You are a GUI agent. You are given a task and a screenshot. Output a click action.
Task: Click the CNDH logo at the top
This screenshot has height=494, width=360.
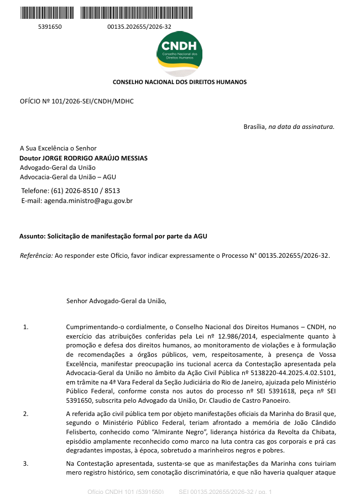click(179, 50)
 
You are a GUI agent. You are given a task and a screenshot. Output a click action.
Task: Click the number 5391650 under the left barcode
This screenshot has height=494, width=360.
click(49, 27)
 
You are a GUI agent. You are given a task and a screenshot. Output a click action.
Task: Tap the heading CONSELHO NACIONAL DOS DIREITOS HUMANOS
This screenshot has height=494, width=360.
click(180, 82)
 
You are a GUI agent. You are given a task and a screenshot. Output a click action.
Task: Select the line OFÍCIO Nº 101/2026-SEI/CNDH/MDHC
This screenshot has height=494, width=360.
click(77, 101)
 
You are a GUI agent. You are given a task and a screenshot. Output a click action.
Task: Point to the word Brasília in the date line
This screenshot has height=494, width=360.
click(255, 127)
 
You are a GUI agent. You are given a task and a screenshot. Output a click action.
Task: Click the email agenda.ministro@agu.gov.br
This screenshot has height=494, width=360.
click(88, 201)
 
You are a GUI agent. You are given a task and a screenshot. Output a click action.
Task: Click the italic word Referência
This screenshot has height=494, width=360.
click(36, 256)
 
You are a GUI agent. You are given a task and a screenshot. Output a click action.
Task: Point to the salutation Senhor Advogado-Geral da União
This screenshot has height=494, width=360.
click(116, 301)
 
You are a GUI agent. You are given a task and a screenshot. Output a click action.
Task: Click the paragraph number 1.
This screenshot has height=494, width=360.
click(25, 327)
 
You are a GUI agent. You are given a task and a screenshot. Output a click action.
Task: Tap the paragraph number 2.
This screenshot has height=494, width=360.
click(25, 414)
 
